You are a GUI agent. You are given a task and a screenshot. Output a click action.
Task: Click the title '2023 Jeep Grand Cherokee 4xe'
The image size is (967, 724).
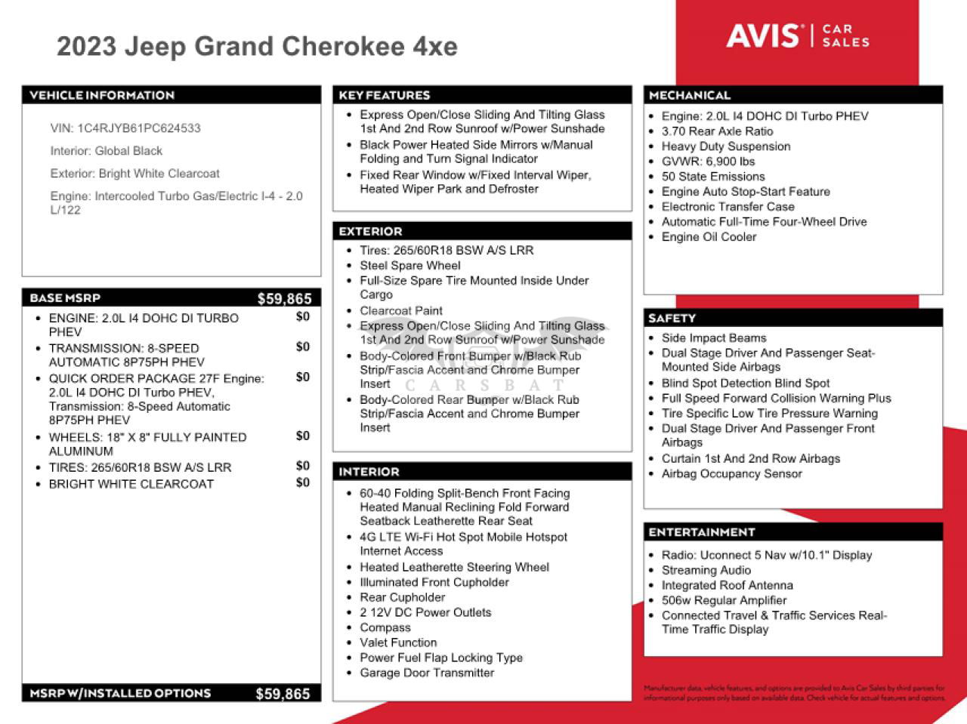pyautogui.click(x=257, y=47)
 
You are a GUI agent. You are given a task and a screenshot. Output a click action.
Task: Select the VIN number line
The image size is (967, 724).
pyautogui.click(x=125, y=128)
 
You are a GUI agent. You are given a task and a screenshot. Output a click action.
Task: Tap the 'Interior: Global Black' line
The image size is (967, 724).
pyautogui.click(x=107, y=151)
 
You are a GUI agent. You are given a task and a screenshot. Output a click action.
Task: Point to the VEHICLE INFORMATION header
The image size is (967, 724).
pyautogui.click(x=102, y=95)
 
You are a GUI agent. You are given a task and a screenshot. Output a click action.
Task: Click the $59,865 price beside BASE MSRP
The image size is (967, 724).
pyautogui.click(x=284, y=298)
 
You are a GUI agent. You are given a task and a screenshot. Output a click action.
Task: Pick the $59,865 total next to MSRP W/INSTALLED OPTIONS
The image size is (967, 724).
pyautogui.click(x=283, y=694)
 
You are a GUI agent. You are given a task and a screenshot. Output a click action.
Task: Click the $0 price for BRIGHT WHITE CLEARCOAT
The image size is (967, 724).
pyautogui.click(x=302, y=482)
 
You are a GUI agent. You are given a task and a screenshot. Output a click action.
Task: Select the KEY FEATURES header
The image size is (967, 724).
pyautogui.click(x=384, y=95)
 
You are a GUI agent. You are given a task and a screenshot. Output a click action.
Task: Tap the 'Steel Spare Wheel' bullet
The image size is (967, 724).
pyautogui.click(x=409, y=266)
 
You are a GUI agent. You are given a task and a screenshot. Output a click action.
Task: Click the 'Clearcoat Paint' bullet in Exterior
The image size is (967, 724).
pyautogui.click(x=401, y=311)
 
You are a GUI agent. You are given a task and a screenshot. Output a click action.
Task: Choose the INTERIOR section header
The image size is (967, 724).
pyautogui.click(x=369, y=472)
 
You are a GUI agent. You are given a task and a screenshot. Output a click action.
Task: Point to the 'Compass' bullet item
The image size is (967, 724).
pyautogui.click(x=385, y=628)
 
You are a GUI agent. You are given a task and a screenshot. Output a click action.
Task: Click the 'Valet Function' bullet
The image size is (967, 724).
pyautogui.click(x=398, y=643)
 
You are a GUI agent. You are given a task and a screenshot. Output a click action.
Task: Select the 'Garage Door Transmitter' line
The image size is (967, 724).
pyautogui.click(x=427, y=673)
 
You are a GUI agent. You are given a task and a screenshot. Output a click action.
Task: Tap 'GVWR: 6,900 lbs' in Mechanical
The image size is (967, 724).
pyautogui.click(x=708, y=162)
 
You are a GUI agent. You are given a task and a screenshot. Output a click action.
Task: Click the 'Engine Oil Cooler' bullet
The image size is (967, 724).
pyautogui.click(x=709, y=237)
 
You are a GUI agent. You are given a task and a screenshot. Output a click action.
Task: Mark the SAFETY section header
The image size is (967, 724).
pyautogui.click(x=672, y=319)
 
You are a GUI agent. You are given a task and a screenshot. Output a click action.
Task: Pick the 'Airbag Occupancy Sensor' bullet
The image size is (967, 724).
pyautogui.click(x=731, y=474)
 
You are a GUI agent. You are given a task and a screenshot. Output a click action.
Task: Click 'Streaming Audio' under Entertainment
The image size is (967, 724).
pyautogui.click(x=706, y=571)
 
